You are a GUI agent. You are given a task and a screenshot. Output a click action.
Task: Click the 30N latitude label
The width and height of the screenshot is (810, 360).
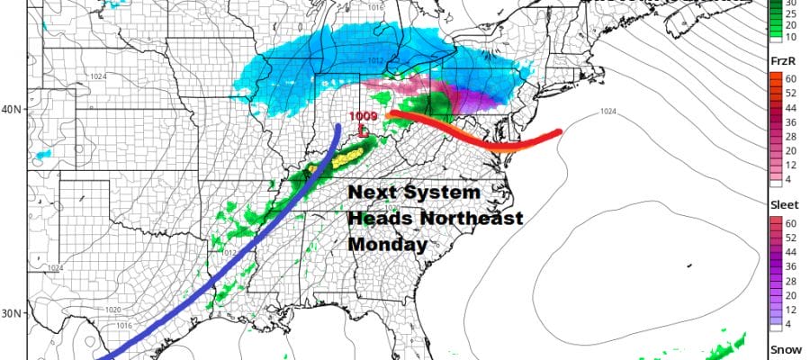(x=13, y=314)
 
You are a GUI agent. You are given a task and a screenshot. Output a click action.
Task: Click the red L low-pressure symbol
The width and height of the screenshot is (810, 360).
(x=363, y=131)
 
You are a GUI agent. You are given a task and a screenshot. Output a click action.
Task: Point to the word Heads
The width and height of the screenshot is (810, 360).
(x=376, y=219)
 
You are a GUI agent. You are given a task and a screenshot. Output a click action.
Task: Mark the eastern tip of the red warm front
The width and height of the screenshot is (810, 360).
(x=559, y=132)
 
